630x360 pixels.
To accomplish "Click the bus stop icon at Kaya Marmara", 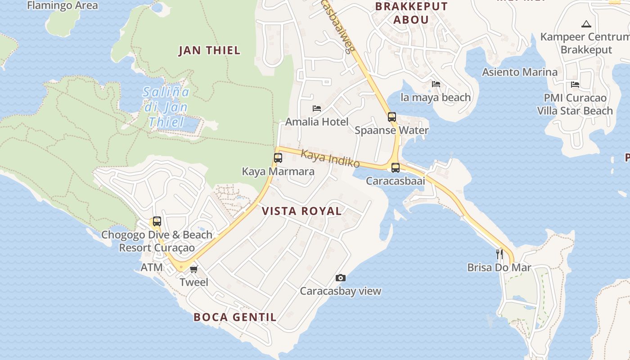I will click(x=278, y=158).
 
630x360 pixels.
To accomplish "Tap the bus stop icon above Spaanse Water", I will click(x=392, y=117).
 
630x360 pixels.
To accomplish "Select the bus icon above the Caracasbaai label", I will click(x=396, y=168).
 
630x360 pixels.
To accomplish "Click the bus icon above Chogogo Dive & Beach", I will click(x=157, y=221).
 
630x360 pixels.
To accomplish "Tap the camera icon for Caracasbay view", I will click(x=341, y=278).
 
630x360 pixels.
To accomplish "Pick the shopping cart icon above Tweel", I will click(x=194, y=269).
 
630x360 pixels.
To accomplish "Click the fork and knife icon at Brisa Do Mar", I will click(x=499, y=254).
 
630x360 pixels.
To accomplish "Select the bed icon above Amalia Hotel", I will click(x=317, y=108).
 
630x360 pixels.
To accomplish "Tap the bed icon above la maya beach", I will click(x=436, y=84).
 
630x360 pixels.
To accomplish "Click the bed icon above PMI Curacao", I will click(x=575, y=84).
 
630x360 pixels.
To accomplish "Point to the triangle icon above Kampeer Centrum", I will click(x=586, y=24).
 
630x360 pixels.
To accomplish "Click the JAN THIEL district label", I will click(x=210, y=50).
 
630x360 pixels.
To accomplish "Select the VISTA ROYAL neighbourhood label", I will click(x=301, y=211).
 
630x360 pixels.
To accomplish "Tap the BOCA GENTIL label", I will click(x=235, y=317).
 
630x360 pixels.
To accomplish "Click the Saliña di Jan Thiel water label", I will click(x=166, y=107).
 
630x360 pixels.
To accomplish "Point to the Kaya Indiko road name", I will click(x=330, y=159).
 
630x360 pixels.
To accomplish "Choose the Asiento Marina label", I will click(x=520, y=72).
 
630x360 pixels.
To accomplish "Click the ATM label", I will click(x=152, y=267).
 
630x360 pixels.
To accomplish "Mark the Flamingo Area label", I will click(x=63, y=6).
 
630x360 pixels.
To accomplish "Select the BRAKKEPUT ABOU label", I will click(x=411, y=13).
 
